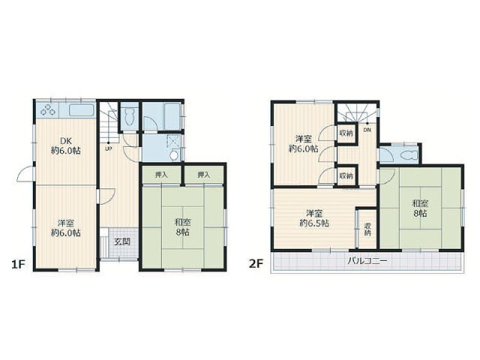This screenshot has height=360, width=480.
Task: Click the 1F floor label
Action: tap(18, 263)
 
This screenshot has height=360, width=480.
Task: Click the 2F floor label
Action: tap(256, 263)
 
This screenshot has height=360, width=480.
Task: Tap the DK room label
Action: tap(65, 142)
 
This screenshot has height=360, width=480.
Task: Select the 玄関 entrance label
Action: tap(122, 241)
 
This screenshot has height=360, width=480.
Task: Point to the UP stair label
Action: tap(108, 149)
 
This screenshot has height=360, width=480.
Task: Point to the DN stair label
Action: tap(367, 130)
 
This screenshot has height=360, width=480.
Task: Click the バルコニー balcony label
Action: tap(367, 261)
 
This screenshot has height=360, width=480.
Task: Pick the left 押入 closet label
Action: tap(161, 175)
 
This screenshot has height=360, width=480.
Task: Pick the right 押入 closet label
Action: tap(203, 175)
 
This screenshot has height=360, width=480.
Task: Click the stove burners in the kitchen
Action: tap(47, 110)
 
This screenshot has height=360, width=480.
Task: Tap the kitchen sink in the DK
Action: tap(81, 110)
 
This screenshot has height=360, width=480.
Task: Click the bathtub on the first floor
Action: tap(172, 116)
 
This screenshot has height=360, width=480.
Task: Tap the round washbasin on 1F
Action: tap(174, 155)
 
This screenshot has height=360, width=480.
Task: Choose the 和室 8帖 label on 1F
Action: tap(182, 226)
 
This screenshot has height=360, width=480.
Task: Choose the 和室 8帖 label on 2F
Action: tap(420, 208)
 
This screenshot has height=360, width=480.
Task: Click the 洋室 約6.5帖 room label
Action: tap(314, 218)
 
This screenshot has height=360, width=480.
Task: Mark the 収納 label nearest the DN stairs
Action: tap(346, 133)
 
